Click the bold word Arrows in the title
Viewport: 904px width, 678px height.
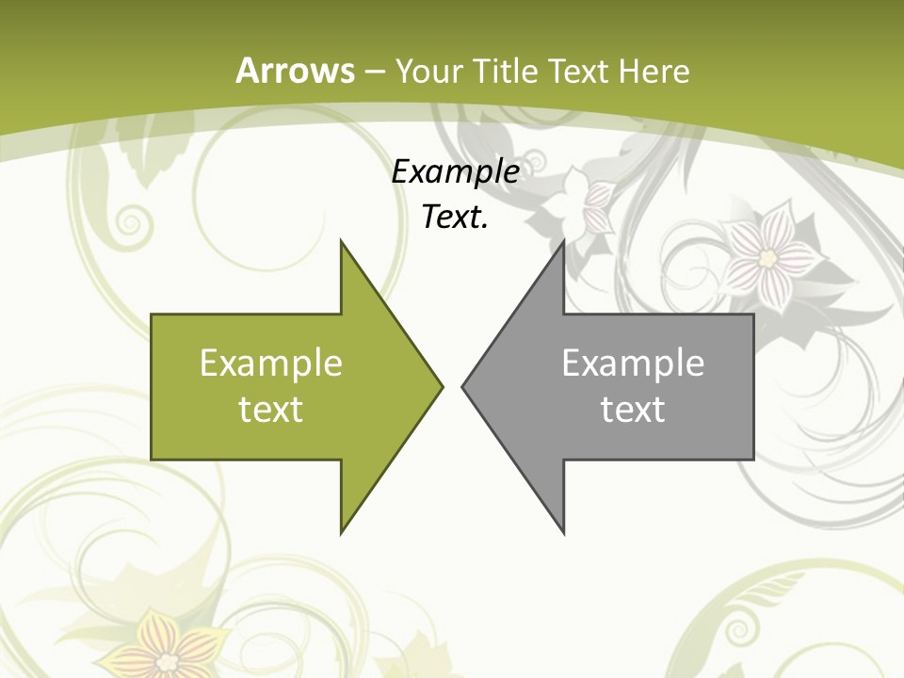click(295, 71)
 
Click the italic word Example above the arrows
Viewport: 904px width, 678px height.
click(455, 172)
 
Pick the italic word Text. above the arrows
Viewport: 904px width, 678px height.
click(455, 217)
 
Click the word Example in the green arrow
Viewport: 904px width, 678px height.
click(271, 363)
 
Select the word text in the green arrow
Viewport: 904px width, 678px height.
click(271, 410)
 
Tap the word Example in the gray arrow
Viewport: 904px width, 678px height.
click(633, 363)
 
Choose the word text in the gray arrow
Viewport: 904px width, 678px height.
click(633, 410)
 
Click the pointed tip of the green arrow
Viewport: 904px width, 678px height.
click(441, 386)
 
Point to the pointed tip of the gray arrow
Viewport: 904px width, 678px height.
click(463, 386)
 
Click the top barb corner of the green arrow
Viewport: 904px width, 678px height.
click(342, 242)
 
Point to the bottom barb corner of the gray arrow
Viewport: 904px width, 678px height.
click(563, 532)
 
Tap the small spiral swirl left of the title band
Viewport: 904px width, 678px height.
click(130, 223)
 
